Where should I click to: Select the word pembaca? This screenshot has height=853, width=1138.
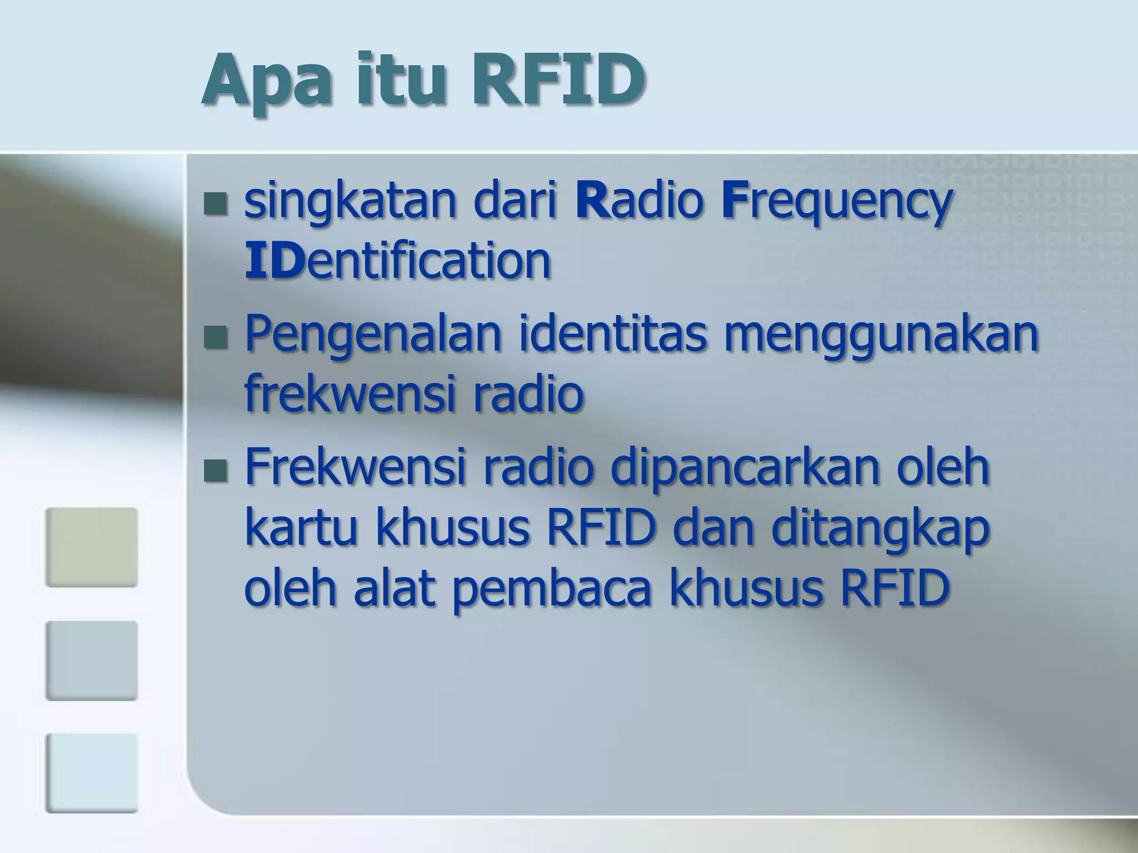tap(551, 589)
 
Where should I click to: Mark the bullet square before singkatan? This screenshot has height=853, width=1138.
tap(216, 204)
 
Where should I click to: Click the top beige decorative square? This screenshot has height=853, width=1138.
tap(92, 547)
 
